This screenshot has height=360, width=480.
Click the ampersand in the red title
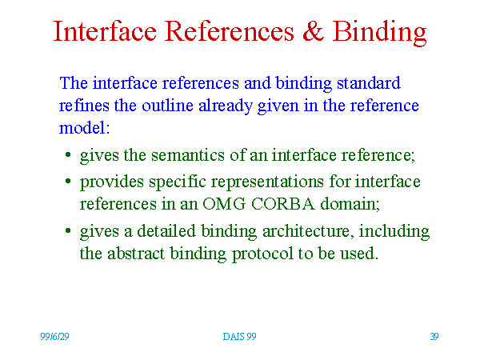313,31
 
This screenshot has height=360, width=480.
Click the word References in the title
230,31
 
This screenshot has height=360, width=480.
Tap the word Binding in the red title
379,34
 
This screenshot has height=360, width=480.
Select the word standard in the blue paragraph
369,83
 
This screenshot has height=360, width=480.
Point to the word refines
84,106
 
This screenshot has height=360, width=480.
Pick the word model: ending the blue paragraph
84,128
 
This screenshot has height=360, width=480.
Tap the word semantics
188,155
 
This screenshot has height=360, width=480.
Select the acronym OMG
224,204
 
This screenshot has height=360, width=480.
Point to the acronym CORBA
283,204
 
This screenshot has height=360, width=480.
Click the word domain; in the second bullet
350,204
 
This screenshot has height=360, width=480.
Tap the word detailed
166,231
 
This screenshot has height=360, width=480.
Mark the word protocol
262,254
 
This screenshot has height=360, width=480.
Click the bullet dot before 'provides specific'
68,182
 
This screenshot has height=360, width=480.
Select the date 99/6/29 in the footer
54,337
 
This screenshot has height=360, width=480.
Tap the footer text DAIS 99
239,337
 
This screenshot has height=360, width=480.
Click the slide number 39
434,337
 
